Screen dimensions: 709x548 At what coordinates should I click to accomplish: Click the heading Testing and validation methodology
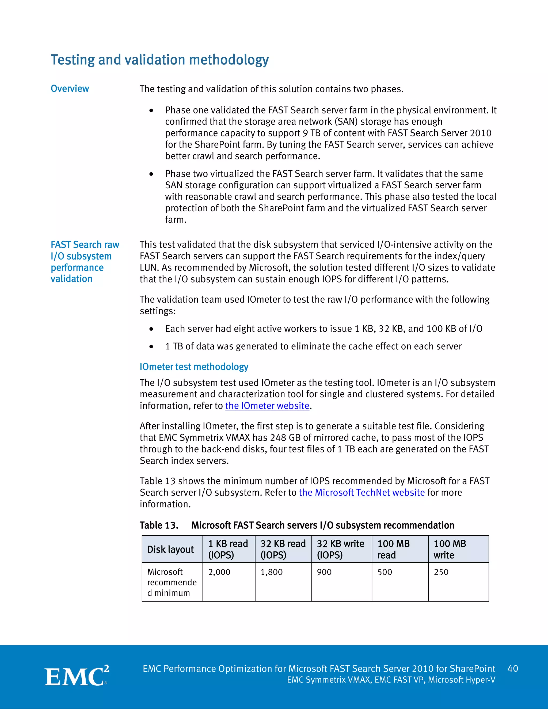coord(159,60)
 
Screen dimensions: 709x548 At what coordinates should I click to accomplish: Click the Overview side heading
coord(70,89)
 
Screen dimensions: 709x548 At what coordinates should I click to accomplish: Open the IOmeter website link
coord(267,406)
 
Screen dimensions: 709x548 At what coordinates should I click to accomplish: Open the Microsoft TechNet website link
coord(362,493)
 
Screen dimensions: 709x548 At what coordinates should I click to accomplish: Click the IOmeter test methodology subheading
coord(194,367)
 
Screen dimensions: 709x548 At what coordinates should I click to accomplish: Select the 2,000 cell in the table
coord(219,572)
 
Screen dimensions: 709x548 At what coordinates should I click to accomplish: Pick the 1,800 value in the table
coord(271,572)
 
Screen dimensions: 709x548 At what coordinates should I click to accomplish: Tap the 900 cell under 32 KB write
coord(324,572)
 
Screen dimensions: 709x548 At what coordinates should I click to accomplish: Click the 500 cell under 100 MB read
coord(385,572)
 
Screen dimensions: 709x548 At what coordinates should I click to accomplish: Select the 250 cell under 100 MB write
coord(441,572)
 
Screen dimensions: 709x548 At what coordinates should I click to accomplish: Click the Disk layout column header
coord(170,549)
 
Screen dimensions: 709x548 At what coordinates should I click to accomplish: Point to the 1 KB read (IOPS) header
coord(228,549)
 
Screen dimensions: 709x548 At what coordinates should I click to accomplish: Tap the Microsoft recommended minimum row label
coord(172,582)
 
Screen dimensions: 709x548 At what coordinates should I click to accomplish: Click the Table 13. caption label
coord(159,525)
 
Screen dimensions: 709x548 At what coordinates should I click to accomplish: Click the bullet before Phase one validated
coord(151,111)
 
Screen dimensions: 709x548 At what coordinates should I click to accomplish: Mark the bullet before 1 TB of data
coord(151,347)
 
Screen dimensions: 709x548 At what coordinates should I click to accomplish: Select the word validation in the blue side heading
coord(71,279)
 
